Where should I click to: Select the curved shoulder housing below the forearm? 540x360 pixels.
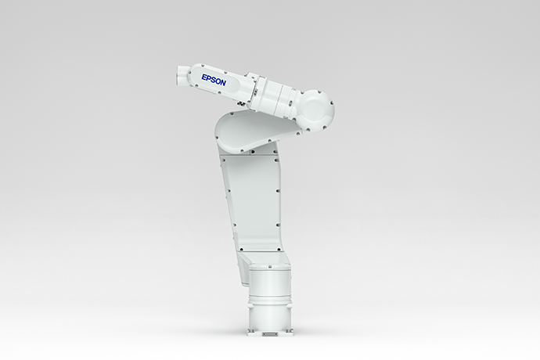click(243, 131)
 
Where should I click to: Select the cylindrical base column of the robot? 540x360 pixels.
click(268, 301)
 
